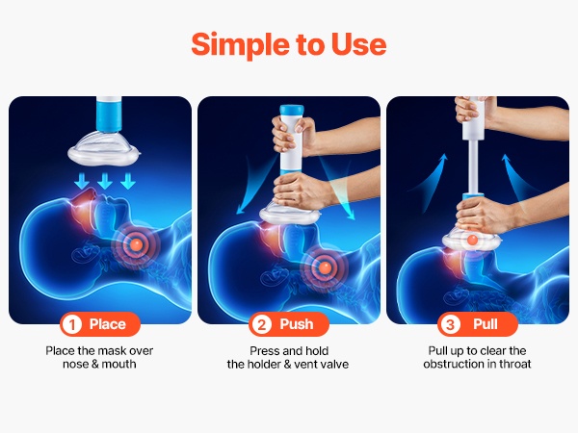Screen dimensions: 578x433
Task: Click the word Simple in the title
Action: [x=240, y=45]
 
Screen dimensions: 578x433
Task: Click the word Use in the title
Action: [x=358, y=44]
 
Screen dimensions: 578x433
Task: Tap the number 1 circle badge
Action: [x=72, y=325]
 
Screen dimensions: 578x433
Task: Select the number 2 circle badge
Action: [x=261, y=325]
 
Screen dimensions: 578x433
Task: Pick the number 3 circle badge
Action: [x=450, y=325]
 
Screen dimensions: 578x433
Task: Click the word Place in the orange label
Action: [x=108, y=324]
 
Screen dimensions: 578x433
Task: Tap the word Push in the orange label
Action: [x=297, y=324]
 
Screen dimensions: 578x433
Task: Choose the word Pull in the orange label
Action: [x=486, y=324]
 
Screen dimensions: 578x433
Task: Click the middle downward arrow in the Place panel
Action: [x=105, y=182]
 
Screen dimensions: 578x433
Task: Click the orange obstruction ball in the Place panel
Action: [x=136, y=243]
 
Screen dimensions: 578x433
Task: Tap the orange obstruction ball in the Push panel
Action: [x=325, y=267]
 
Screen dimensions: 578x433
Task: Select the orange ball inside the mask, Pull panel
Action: [x=472, y=241]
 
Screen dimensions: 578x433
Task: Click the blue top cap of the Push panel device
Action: [x=292, y=110]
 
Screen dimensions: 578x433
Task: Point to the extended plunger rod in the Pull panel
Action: [x=473, y=166]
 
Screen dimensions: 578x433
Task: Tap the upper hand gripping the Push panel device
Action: [x=292, y=134]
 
